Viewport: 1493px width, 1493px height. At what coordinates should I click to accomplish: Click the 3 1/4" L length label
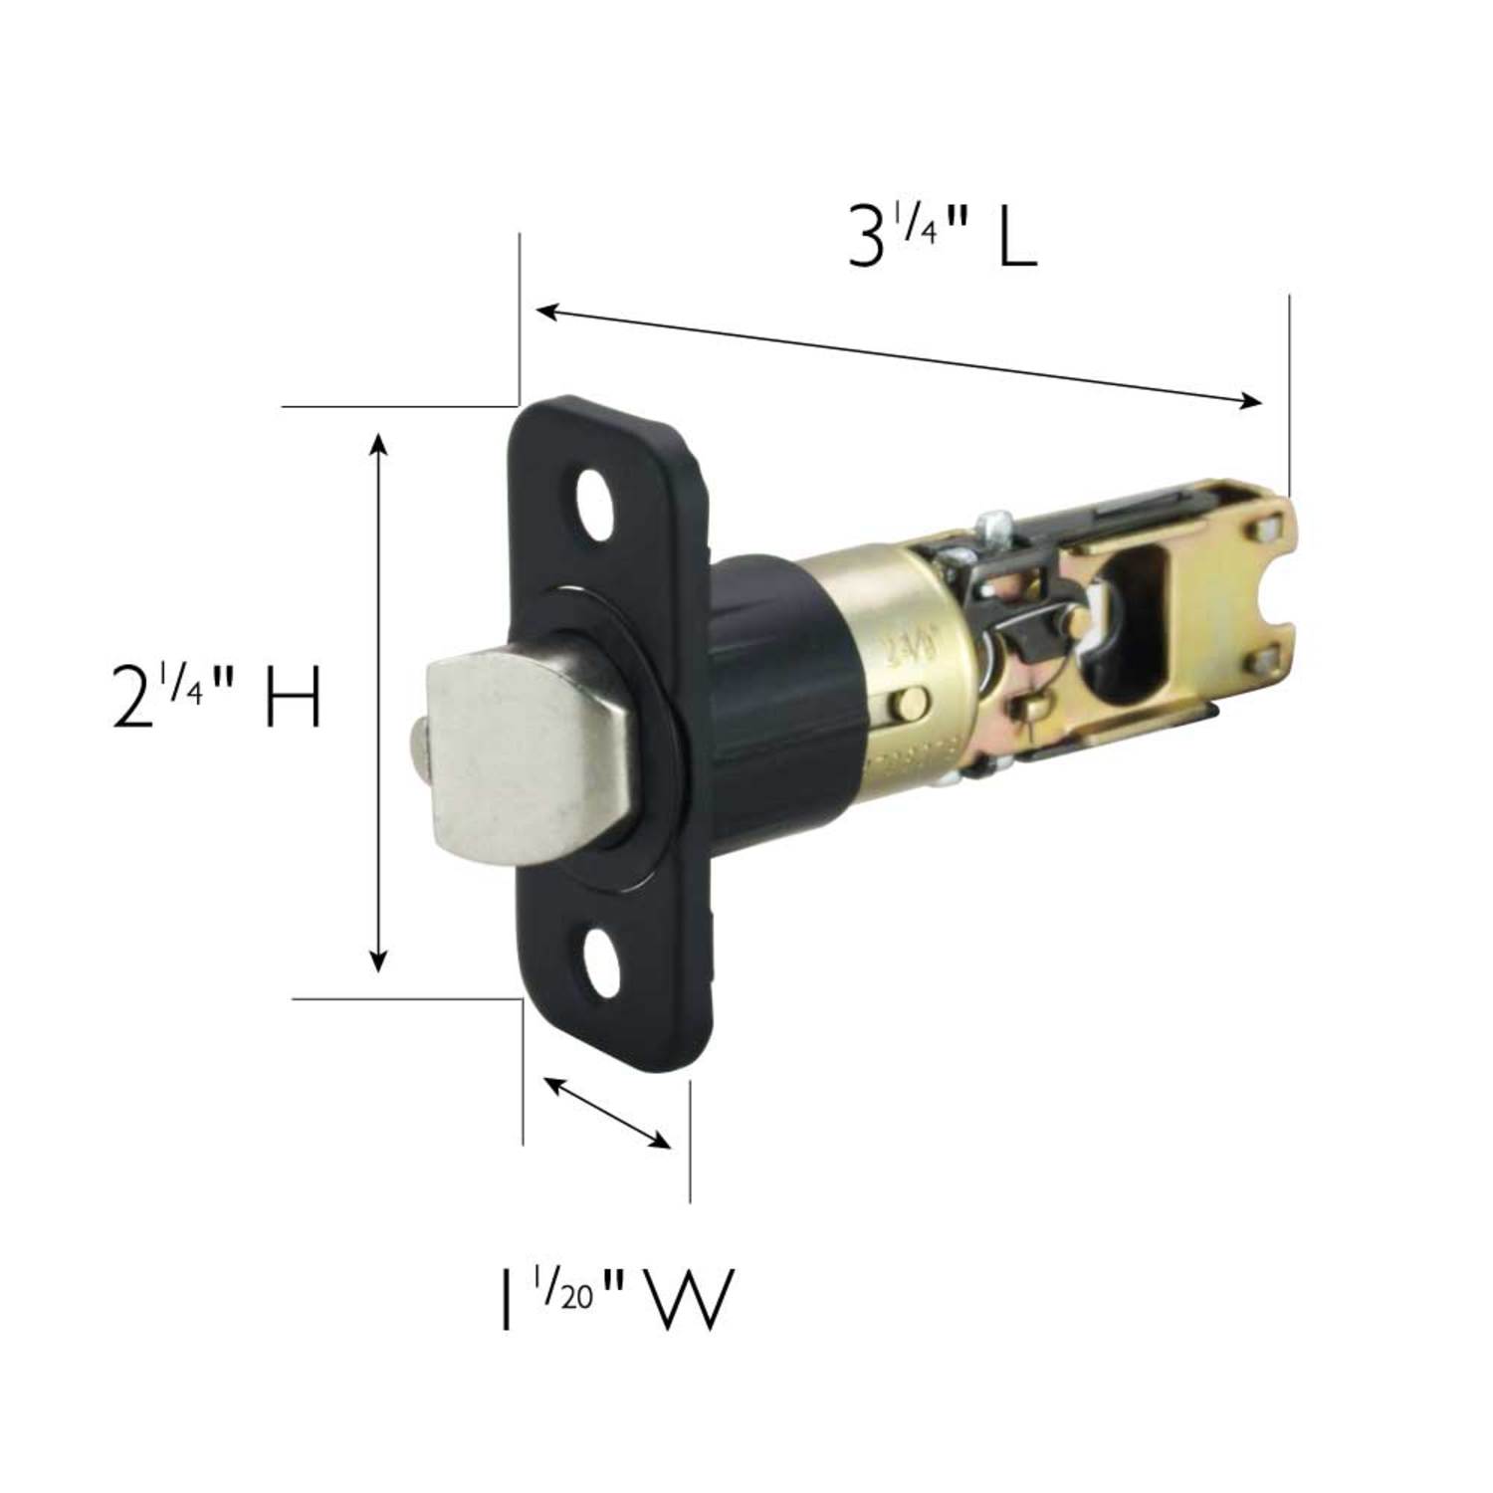coord(941,237)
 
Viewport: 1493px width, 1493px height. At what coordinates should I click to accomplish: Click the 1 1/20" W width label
coord(615,1299)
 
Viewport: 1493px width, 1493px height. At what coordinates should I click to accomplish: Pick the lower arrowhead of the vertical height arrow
coord(378,960)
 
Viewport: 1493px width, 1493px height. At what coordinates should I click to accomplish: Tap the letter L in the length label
coord(1016,237)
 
